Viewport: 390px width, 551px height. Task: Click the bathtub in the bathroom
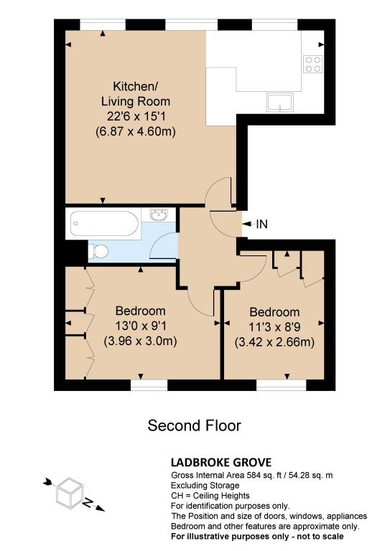coord(103,224)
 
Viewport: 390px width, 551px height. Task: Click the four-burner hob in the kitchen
coord(312,64)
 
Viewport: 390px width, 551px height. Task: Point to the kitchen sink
coord(280,103)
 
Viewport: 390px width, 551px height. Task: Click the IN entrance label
coord(261,224)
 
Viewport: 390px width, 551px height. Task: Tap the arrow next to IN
coord(247,224)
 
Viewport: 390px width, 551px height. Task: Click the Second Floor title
coord(194,425)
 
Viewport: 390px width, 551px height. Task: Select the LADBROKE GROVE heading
coord(221,462)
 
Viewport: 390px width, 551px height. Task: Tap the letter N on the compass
coord(88,502)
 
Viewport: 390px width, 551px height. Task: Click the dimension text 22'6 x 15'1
coord(136,116)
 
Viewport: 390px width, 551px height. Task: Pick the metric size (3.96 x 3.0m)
coord(140,341)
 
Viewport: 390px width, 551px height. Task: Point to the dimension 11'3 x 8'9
coord(274,327)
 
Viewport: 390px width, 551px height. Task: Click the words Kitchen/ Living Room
coord(136,93)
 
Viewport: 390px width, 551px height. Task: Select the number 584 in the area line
coord(254,476)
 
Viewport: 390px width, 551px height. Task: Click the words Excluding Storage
coord(205,486)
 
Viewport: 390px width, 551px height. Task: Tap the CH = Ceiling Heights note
coord(210,496)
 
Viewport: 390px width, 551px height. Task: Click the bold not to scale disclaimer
coord(257,537)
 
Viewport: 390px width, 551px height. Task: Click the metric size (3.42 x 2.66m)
coord(274,342)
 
